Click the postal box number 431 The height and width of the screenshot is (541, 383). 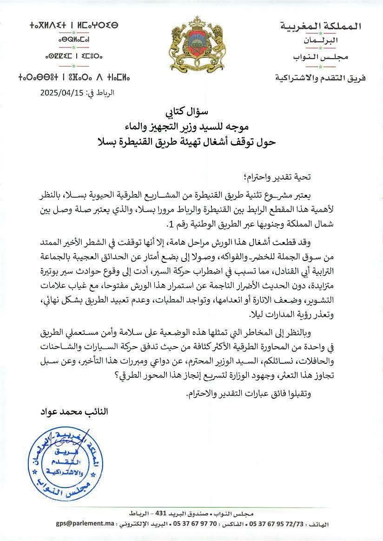(x=168, y=513)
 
